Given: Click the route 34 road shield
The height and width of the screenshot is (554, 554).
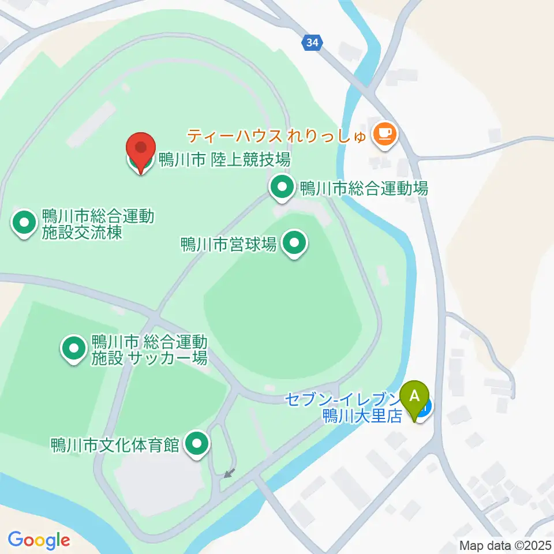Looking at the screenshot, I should tap(312, 42).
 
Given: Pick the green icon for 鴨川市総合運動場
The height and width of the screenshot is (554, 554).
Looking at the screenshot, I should tap(282, 188).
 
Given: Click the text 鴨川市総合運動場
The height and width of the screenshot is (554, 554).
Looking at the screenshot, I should tap(363, 188).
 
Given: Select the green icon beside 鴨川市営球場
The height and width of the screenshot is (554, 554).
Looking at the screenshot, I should tap(295, 244).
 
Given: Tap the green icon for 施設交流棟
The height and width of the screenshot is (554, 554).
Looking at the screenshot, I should tap(24, 223).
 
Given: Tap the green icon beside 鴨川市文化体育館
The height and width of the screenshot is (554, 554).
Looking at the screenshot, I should tap(197, 444).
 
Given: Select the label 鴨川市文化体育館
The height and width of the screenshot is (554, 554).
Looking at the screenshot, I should tap(116, 445).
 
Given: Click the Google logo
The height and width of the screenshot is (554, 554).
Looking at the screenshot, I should tap(39, 540).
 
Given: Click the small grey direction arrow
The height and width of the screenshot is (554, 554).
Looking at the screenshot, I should tap(229, 473).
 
